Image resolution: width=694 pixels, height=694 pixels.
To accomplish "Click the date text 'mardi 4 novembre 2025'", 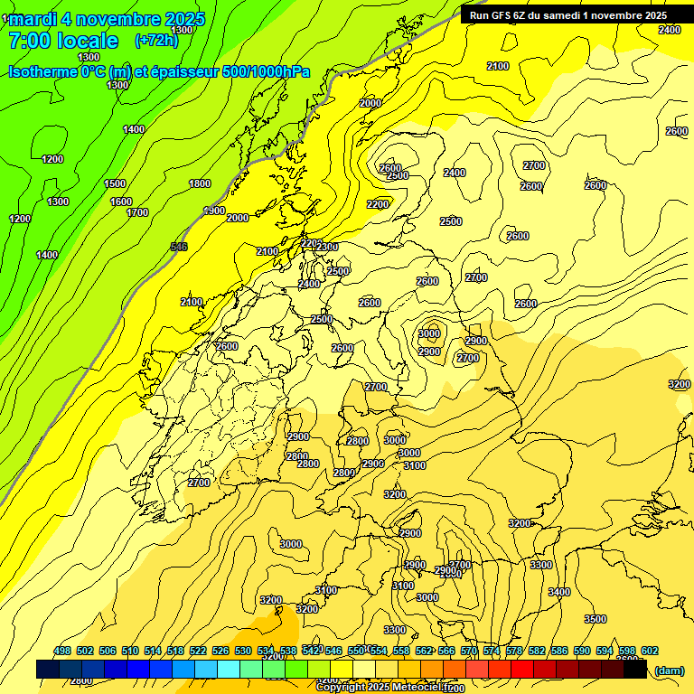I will click(107, 19).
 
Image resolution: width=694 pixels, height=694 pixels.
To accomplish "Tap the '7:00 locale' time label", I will click(63, 41).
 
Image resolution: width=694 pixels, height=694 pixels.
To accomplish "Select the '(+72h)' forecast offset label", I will click(156, 40).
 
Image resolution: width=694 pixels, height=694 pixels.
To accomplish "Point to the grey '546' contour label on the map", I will click(179, 247).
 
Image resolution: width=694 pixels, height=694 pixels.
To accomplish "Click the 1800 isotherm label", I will click(200, 184).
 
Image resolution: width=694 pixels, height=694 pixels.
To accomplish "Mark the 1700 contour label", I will click(137, 213).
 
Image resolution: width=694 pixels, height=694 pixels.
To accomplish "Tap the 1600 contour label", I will click(121, 202).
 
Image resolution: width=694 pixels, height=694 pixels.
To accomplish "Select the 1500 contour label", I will click(115, 184).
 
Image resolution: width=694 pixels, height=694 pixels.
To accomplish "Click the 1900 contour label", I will click(214, 211).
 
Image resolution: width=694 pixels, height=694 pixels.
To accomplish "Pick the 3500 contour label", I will click(595, 619).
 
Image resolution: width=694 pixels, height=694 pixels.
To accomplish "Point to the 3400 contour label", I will click(559, 592).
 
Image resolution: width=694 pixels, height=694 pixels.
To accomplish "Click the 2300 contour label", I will click(327, 248).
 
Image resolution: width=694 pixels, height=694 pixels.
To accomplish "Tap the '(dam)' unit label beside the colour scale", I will click(669, 670).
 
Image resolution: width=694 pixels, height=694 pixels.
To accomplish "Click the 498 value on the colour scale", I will click(62, 651).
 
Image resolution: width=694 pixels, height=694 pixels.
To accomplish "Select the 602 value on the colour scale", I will click(649, 651).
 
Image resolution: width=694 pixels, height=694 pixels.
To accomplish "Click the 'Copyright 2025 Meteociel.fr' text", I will click(383, 688).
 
